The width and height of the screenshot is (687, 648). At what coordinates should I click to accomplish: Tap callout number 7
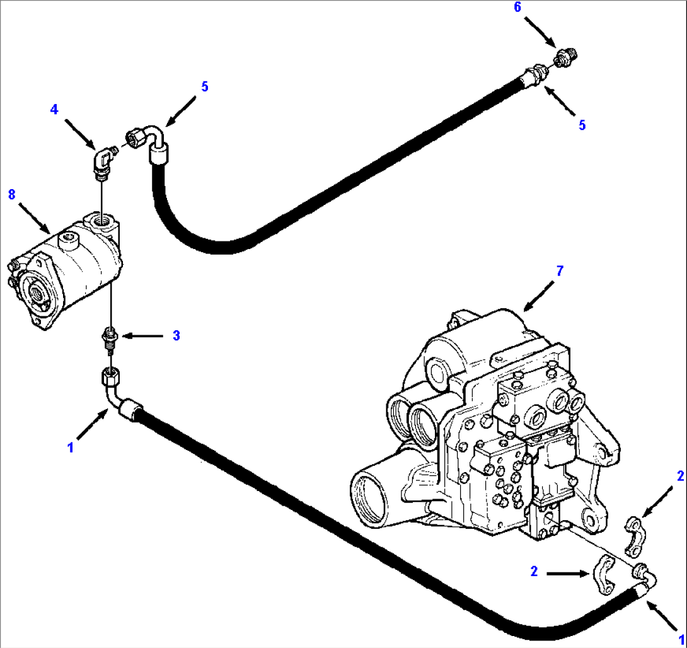point(560,271)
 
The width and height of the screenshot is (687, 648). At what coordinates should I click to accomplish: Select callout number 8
point(11,194)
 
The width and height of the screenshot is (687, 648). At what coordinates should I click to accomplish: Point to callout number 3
point(176,336)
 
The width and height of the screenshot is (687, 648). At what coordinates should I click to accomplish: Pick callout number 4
point(54,110)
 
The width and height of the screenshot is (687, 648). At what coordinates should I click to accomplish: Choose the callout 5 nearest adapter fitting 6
point(582,125)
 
